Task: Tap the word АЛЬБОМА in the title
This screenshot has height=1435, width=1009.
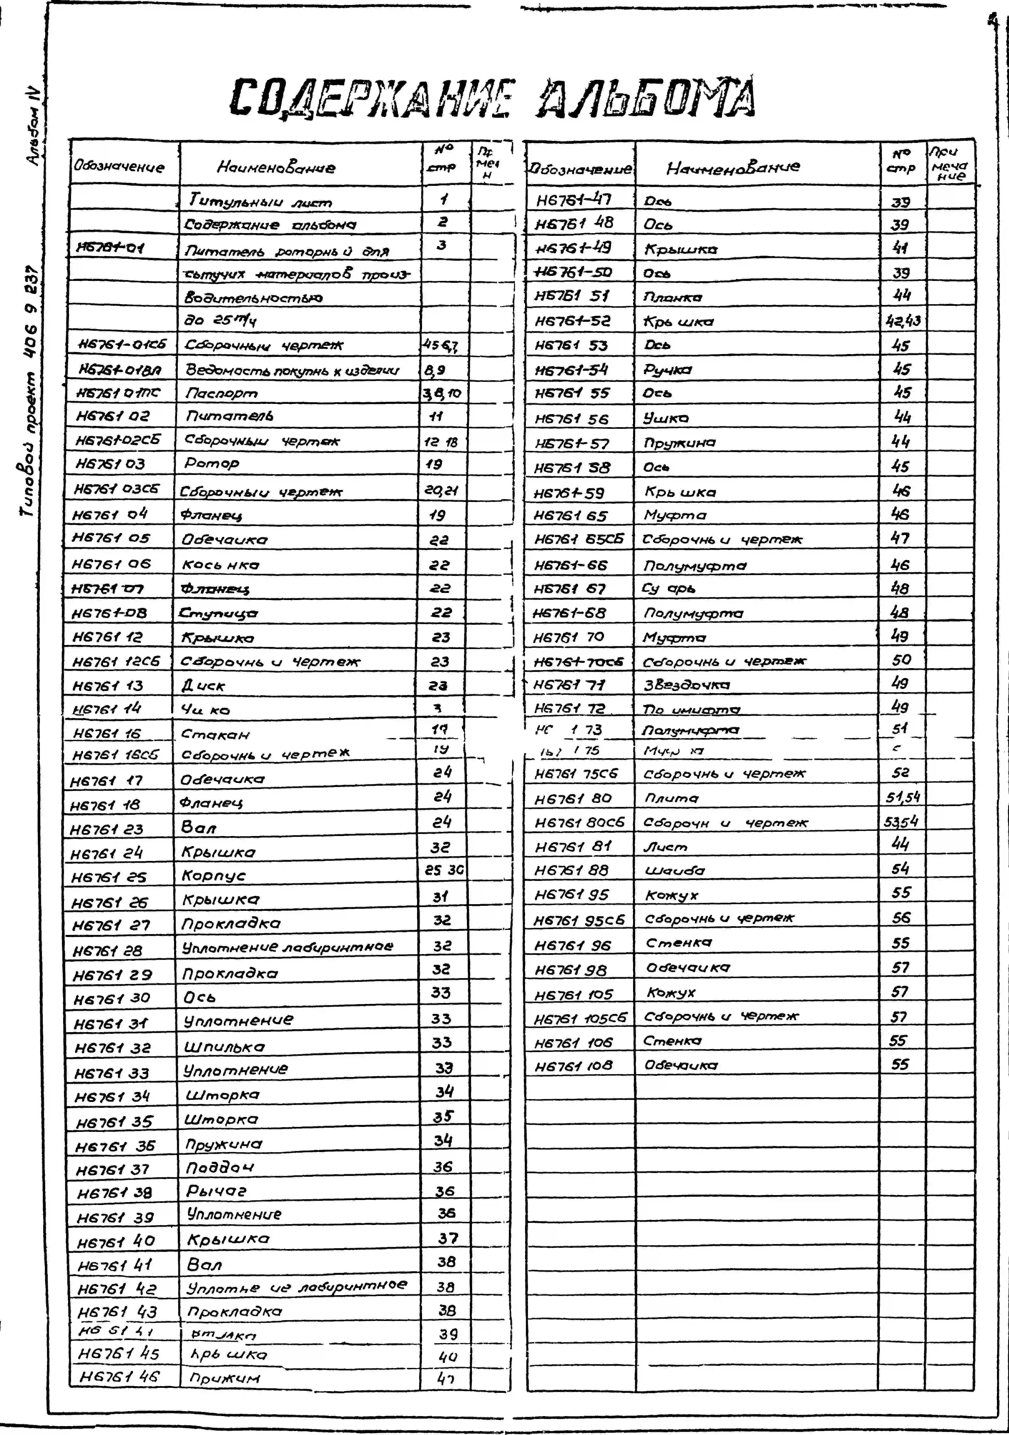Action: (647, 99)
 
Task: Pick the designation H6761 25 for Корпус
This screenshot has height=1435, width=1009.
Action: (109, 877)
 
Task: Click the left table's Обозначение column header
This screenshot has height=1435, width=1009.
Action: (119, 167)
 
